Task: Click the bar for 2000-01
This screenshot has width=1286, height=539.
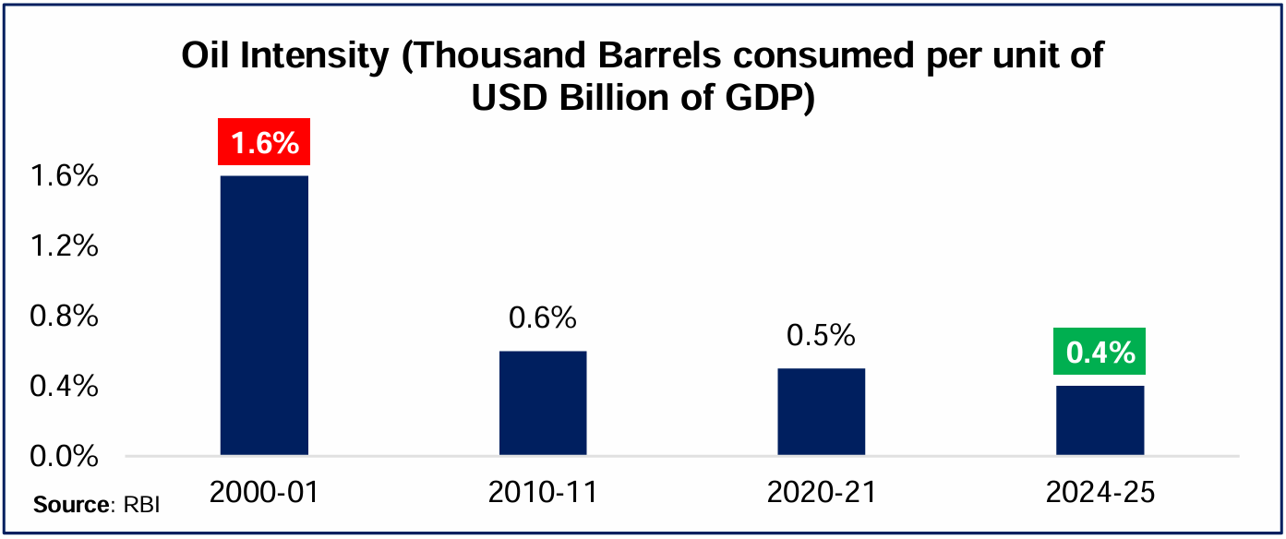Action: pos(264,315)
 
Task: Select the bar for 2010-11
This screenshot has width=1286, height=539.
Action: pos(543,402)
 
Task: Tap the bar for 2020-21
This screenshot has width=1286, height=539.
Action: pos(821,412)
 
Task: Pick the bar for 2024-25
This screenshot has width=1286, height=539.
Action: pos(1100,420)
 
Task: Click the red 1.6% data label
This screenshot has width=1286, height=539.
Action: pos(264,143)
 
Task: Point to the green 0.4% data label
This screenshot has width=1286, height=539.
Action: pos(1100,352)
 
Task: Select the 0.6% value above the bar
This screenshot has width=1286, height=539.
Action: pos(543,318)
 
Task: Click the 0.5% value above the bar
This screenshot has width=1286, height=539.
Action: pos(821,335)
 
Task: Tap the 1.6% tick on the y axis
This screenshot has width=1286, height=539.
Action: pos(64,175)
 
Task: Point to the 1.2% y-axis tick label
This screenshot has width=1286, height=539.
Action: pos(64,246)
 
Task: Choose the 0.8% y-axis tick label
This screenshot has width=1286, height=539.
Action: pos(64,316)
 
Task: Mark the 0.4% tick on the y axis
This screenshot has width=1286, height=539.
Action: pos(64,386)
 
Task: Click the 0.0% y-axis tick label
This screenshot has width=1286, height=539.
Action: pos(64,456)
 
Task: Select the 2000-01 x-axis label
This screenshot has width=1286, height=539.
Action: pos(264,493)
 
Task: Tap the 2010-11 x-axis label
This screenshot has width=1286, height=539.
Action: pos(543,493)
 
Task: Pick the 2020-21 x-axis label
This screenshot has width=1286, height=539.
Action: pos(821,493)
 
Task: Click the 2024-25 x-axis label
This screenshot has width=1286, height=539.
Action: pos(1100,493)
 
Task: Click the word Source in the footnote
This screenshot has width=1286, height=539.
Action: pos(70,507)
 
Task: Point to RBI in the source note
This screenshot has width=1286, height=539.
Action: pos(139,507)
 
